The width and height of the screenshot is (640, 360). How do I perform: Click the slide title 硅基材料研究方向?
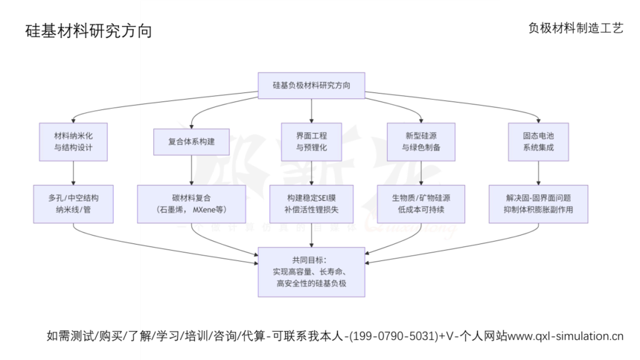coord(89,31)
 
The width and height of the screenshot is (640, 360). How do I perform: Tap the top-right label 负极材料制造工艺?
coord(575,28)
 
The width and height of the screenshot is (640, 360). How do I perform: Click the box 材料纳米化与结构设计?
coord(73,142)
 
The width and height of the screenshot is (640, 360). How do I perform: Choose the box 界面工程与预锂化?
coord(311,142)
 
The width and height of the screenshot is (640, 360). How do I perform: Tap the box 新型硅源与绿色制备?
coord(421,142)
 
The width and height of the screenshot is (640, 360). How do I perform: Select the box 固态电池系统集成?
coord(538,142)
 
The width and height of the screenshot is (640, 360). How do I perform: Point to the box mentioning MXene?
coord(192,204)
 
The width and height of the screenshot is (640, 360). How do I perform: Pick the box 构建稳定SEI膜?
coord(311,204)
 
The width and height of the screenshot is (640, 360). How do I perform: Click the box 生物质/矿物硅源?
coord(421,204)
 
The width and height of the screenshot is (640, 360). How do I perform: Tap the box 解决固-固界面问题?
coord(538,204)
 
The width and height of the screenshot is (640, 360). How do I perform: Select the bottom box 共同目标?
coord(311,271)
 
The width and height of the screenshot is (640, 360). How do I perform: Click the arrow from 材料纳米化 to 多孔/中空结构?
coord(73,173)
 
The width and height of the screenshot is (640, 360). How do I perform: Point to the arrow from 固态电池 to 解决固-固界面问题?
coord(538,173)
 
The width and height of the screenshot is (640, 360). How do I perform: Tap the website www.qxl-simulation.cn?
coord(566,335)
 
